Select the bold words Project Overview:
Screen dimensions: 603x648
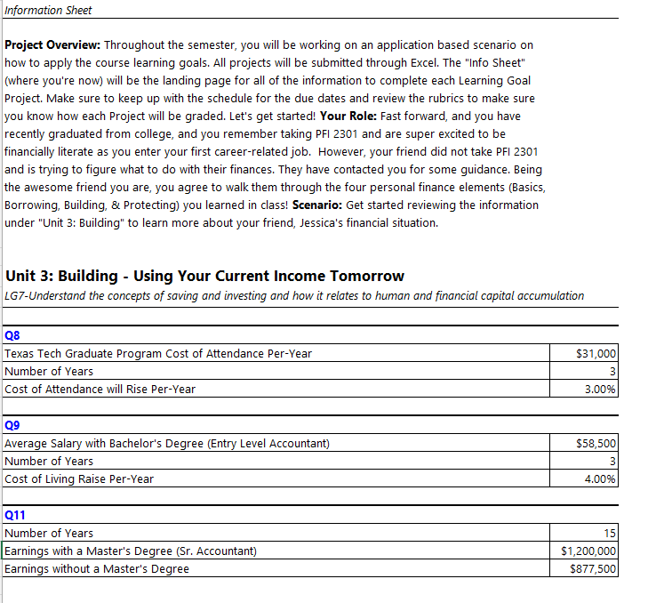coord(53,44)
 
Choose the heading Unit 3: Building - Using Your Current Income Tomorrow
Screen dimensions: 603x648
coord(204,276)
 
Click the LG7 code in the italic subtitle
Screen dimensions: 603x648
coord(15,296)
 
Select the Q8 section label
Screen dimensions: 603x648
coord(12,336)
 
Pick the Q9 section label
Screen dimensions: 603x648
coord(12,426)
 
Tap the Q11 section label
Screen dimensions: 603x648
coord(15,515)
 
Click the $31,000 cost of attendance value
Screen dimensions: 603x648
coord(596,354)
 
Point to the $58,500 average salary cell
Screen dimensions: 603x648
coord(596,444)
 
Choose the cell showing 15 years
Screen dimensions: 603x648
coord(610,534)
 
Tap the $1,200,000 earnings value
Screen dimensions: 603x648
coord(589,551)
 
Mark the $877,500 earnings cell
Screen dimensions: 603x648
coord(593,569)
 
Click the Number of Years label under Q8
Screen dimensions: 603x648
coord(49,372)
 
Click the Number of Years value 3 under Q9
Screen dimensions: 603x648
coord(612,462)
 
